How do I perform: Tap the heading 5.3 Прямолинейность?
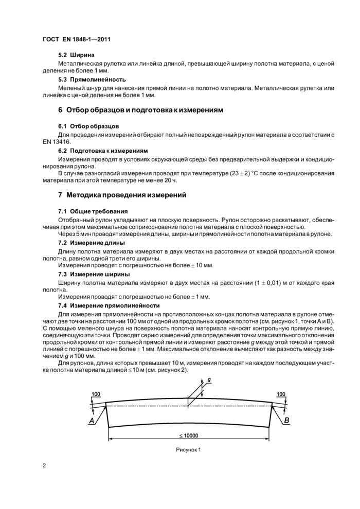coord(92,80)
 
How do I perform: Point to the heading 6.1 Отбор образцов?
coord(88,126)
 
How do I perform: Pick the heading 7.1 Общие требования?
coord(93,211)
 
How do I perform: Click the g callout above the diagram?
coord(209,380)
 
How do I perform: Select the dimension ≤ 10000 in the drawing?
coord(189,435)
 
